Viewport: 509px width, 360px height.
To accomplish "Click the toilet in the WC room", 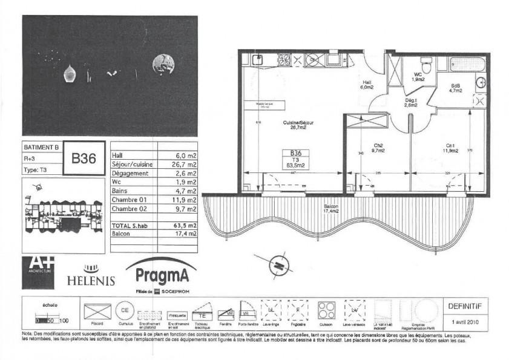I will pyautogui.click(x=426, y=63).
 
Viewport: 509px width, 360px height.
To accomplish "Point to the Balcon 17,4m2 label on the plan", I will pyautogui.click(x=330, y=209).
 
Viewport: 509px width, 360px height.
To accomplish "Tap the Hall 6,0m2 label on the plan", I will pyautogui.click(x=367, y=85).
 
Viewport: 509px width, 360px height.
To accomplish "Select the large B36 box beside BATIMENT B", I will pyautogui.click(x=84, y=159).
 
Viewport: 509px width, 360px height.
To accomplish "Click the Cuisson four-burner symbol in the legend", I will pyautogui.click(x=328, y=312).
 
